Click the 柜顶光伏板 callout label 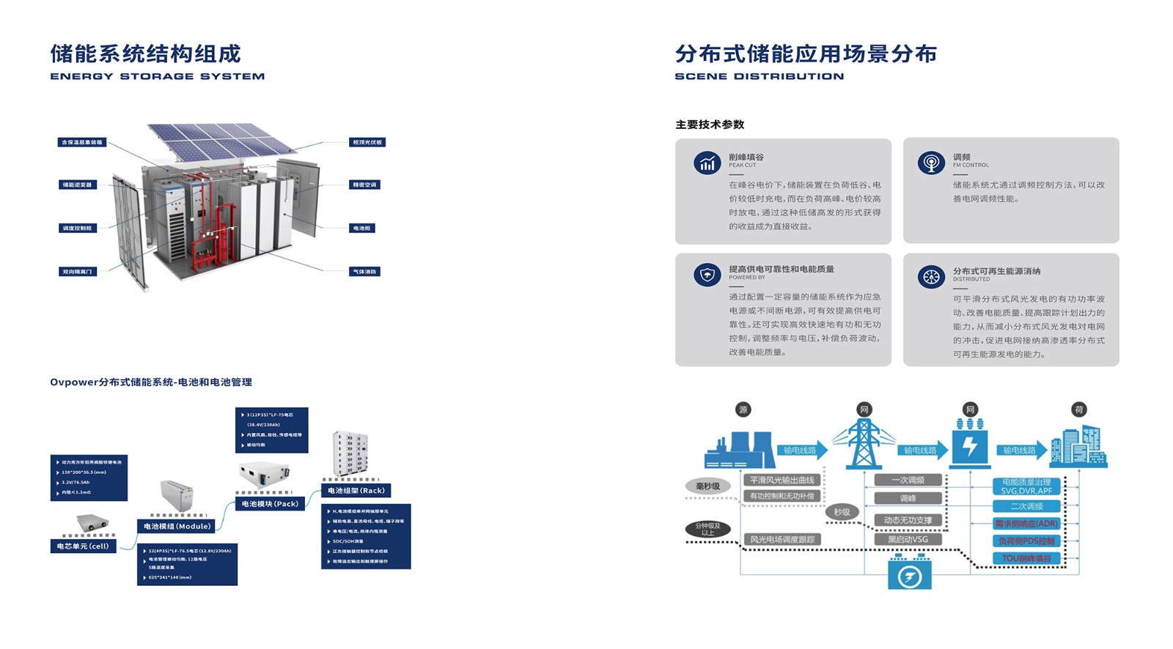[x=367, y=142]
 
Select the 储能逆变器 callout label [x=78, y=185]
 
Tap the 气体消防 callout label [x=364, y=272]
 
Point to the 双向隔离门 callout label [x=78, y=272]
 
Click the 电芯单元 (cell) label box [x=83, y=546]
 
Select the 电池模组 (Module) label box [x=176, y=526]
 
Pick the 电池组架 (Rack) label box [x=356, y=490]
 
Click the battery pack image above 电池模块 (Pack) [x=264, y=475]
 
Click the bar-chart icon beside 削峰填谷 [x=707, y=163]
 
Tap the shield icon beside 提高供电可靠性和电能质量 [x=707, y=275]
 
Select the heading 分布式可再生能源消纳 [x=996, y=271]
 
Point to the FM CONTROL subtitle [x=971, y=166]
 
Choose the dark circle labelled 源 [x=743, y=409]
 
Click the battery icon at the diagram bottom [x=910, y=574]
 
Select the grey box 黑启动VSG [x=908, y=539]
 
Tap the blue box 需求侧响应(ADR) [x=1026, y=524]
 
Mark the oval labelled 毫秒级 [x=707, y=486]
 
